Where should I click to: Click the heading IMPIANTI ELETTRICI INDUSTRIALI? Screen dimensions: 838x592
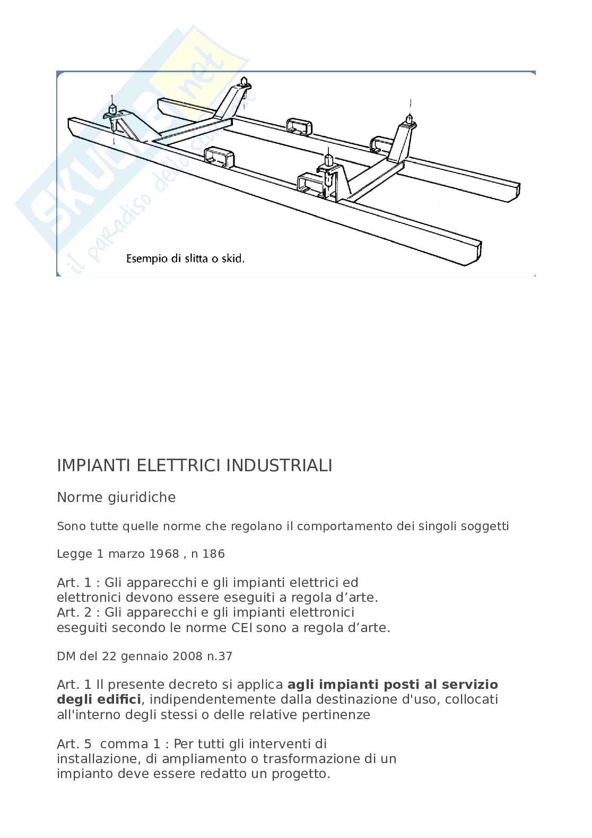pyautogui.click(x=194, y=465)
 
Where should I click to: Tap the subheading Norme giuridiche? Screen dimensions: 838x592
pyautogui.click(x=116, y=497)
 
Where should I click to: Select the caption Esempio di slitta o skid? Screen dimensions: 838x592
pyautogui.click(x=185, y=260)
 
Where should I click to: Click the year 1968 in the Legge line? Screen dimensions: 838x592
pyautogui.click(x=164, y=554)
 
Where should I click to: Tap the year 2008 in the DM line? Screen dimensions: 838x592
pyautogui.click(x=184, y=656)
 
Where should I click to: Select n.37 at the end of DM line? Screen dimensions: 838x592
pyautogui.click(x=220, y=656)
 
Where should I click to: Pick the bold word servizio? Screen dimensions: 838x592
pyautogui.click(x=467, y=684)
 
